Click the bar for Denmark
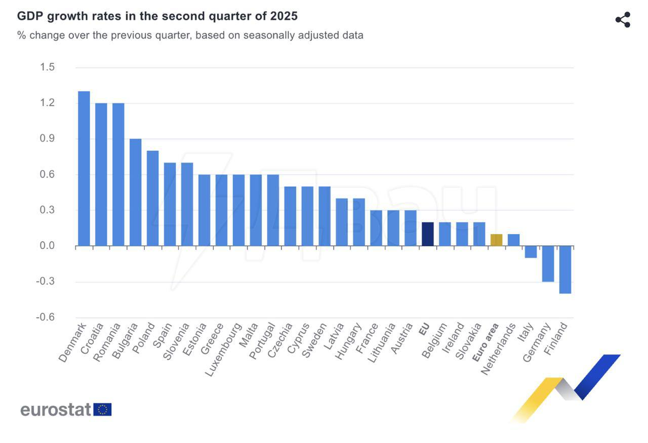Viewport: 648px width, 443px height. click(x=84, y=169)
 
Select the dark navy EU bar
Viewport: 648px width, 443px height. click(x=428, y=234)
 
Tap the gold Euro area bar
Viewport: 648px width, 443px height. click(x=496, y=240)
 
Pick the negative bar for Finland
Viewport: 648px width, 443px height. click(x=565, y=270)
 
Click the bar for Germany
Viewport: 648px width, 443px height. click(x=548, y=264)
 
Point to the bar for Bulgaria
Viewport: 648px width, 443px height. click(x=136, y=192)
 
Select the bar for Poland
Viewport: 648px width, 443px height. click(x=153, y=198)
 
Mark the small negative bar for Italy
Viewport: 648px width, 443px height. click(x=531, y=252)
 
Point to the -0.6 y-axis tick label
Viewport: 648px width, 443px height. click(x=46, y=317)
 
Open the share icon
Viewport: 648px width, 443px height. click(x=623, y=20)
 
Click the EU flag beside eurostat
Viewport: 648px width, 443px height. click(x=103, y=410)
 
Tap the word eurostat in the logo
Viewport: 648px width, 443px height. click(x=56, y=410)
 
